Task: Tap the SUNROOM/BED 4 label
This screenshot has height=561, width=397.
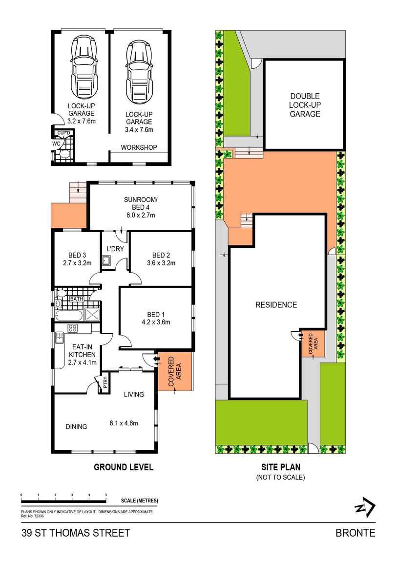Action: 140,206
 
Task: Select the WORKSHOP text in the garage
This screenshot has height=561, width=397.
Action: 139,147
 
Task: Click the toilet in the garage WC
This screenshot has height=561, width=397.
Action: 64,154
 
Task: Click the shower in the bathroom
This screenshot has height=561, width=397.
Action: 92,314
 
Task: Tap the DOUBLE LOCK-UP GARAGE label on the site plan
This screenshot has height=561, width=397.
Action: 305,105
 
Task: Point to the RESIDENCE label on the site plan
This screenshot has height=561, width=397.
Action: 276,305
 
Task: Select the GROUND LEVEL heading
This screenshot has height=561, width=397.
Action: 124,467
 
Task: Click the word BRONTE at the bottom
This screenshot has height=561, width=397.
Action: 355,533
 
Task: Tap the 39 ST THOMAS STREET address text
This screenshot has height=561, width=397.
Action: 76,533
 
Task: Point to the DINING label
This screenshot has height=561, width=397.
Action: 76,426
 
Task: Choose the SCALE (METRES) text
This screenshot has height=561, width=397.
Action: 140,501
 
